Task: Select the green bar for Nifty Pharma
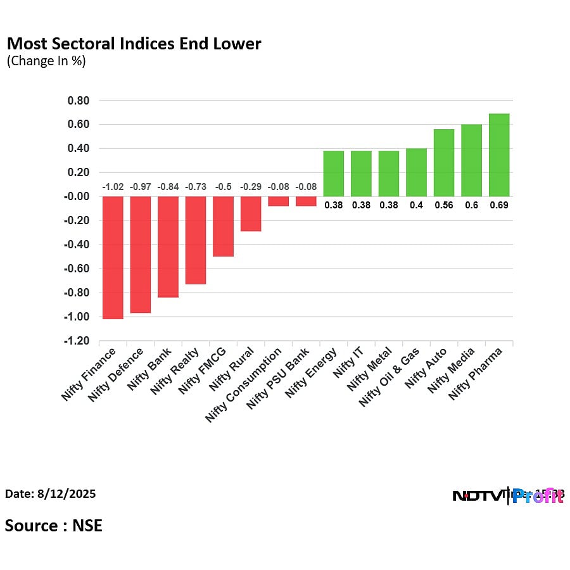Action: pyautogui.click(x=499, y=155)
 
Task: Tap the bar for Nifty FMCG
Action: pyautogui.click(x=223, y=226)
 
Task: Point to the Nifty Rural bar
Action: pyautogui.click(x=251, y=213)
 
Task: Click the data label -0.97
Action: pyautogui.click(x=140, y=187)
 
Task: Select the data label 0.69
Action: pyautogui.click(x=499, y=205)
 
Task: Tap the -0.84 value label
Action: pyautogui.click(x=168, y=187)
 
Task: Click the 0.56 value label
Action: pyautogui.click(x=443, y=205)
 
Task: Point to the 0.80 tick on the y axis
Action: pyautogui.click(x=79, y=101)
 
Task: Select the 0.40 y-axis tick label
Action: pyautogui.click(x=79, y=149)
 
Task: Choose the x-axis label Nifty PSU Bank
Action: pyautogui.click(x=279, y=377)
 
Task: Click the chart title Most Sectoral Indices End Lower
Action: pyautogui.click(x=134, y=44)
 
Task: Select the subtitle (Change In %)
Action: pyautogui.click(x=46, y=61)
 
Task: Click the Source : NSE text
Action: pyautogui.click(x=54, y=525)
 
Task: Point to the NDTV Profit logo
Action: pyautogui.click(x=508, y=496)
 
